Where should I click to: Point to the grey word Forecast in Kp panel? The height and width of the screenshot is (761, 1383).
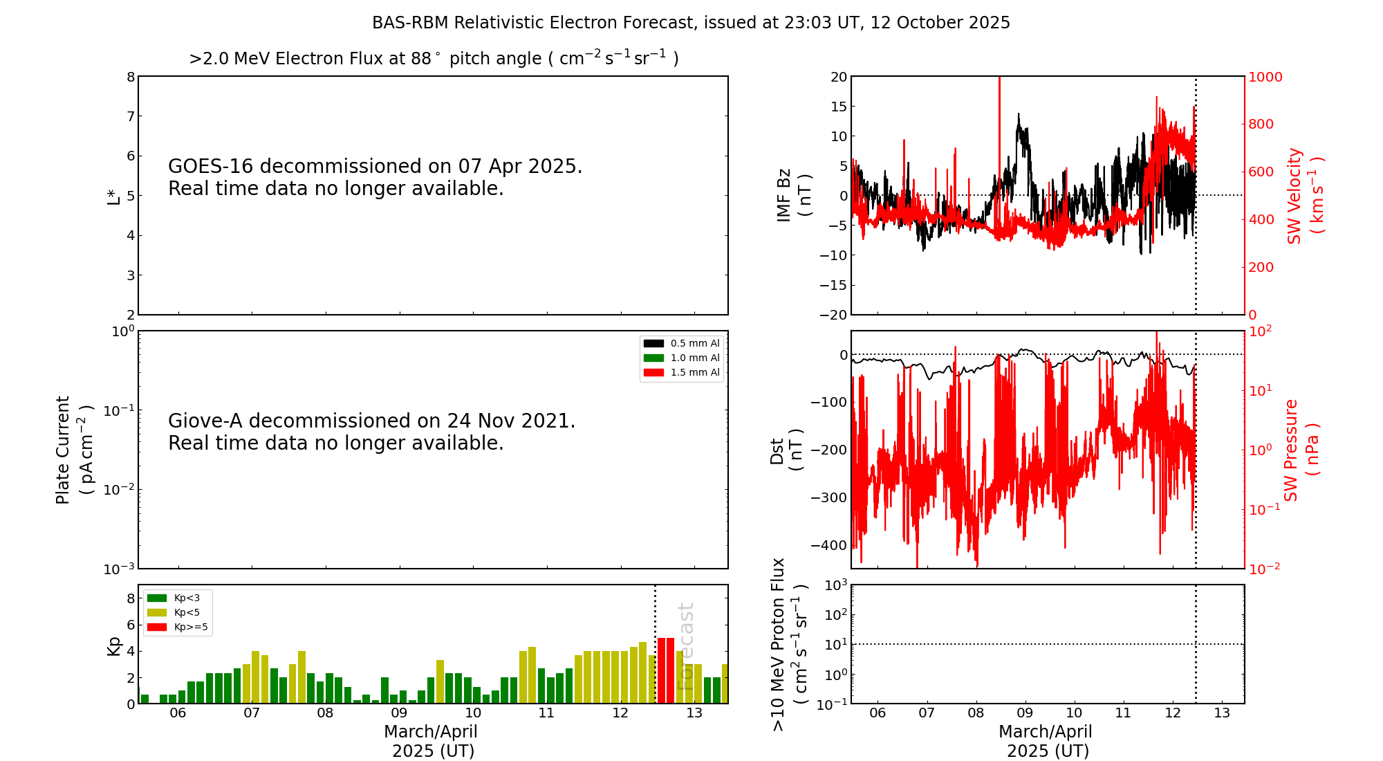coord(685,646)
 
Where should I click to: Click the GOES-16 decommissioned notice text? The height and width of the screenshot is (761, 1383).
coord(375,177)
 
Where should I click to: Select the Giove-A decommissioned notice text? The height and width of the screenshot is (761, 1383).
coord(371,432)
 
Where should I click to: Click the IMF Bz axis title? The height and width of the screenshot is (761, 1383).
coord(794,195)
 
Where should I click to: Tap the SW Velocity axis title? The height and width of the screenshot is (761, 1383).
coord(1304,195)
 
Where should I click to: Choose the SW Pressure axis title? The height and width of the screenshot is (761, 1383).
coord(1301,450)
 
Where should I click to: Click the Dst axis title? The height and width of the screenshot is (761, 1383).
coord(786,450)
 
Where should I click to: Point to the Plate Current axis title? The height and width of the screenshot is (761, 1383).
coord(73,450)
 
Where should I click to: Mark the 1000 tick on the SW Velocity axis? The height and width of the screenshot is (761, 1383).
coord(1265,77)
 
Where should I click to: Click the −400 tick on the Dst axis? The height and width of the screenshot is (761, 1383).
coord(832,545)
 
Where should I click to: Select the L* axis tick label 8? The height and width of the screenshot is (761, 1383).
coord(131,77)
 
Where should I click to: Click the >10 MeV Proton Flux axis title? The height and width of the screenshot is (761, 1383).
coord(789,644)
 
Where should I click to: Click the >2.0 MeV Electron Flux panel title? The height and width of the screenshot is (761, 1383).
coord(434,58)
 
